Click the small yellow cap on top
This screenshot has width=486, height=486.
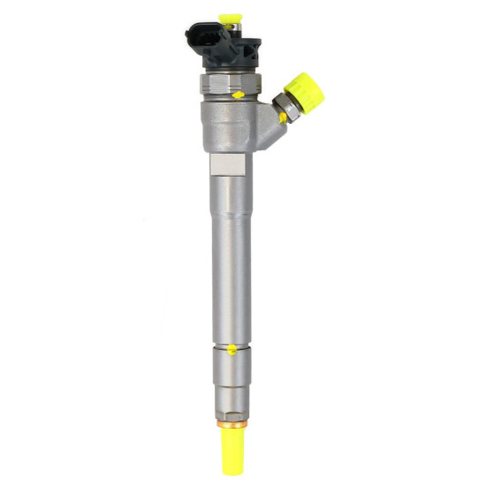[232, 18]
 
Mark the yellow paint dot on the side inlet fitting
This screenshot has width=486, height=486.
[282, 118]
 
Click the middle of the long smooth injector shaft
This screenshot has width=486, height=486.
[229, 265]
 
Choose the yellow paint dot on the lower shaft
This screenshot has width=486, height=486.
[232, 350]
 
